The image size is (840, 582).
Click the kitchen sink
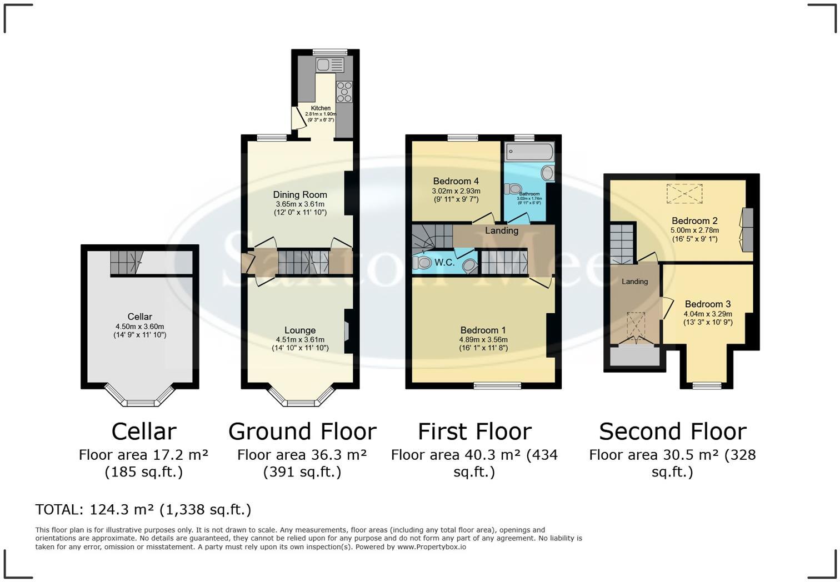coord(329,65)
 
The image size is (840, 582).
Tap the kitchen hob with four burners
coord(344,92)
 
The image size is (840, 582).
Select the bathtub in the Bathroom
coord(529,151)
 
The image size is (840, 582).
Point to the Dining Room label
coord(299,194)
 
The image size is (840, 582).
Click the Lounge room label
coord(299,330)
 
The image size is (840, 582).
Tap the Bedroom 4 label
coord(456,181)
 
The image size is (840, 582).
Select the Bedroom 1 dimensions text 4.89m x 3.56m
coord(483,339)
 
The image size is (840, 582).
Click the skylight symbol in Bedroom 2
coord(684,194)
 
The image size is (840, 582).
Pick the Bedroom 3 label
coord(707,304)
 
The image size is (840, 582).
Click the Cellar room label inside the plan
coord(139,317)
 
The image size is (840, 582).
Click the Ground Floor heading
coord(302,432)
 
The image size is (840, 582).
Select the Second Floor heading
coord(672,432)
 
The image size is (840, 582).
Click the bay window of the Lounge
coord(301,401)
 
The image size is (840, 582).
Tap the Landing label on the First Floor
coord(501,230)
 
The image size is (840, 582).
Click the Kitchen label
coord(321,108)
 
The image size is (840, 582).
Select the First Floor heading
coord(474,432)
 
